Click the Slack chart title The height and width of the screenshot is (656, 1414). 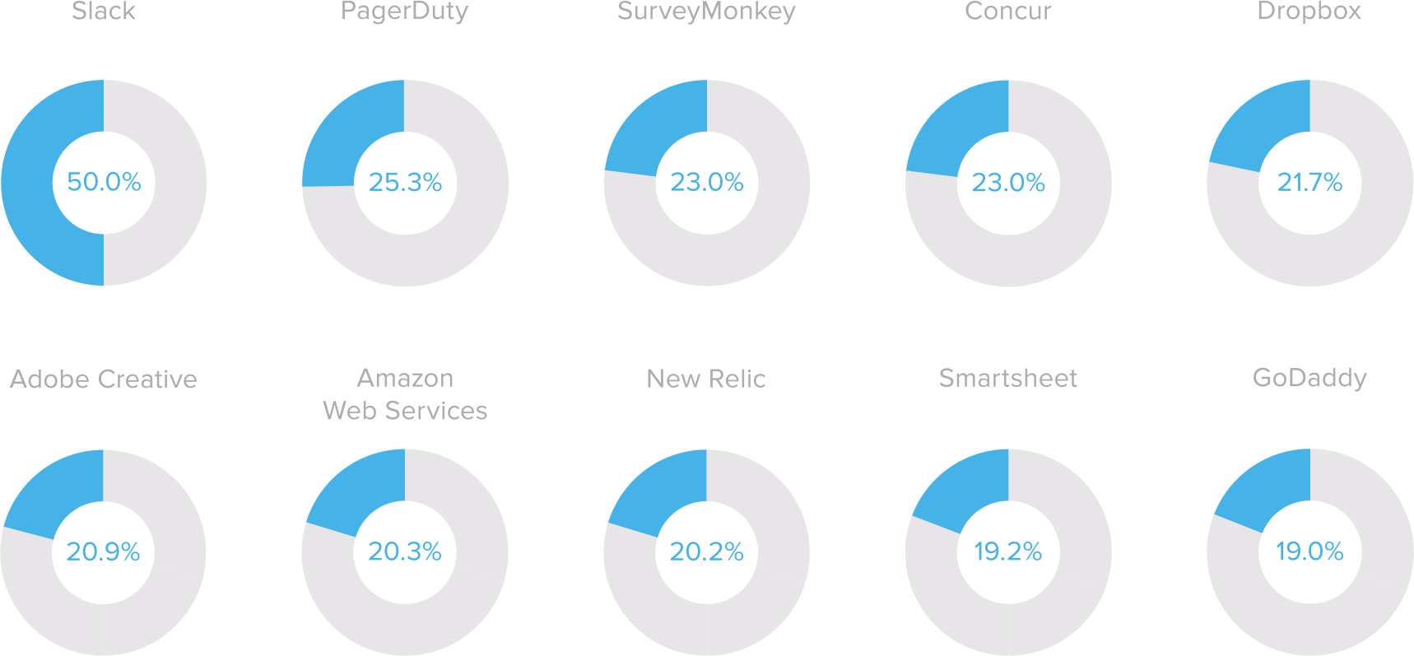point(103,12)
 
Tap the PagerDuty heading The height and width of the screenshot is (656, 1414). point(404,12)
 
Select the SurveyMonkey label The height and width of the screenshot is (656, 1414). point(706,12)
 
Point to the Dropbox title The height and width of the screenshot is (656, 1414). point(1309,12)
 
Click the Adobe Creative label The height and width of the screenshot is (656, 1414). point(103,379)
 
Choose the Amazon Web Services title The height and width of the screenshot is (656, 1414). point(405,394)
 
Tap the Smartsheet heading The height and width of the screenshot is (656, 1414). point(1007,378)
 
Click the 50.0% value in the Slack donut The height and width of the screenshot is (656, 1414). point(104,182)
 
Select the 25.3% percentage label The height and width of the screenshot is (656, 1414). point(405,182)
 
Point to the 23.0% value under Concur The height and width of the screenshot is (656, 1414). point(1008,182)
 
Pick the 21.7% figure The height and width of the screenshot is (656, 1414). point(1309,182)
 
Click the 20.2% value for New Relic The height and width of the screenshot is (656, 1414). point(706,551)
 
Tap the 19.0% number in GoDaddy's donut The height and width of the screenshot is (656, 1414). point(1309,551)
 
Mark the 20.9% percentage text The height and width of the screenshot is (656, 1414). point(103,551)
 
